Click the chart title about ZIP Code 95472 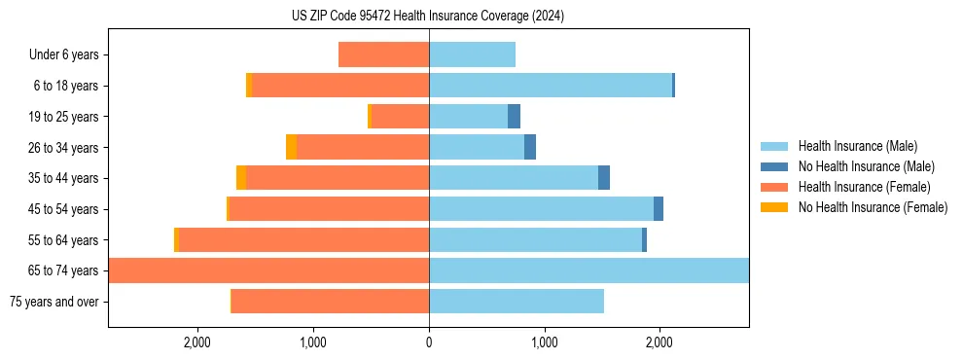(428, 16)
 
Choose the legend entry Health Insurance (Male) (857, 147)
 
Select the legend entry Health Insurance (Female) (864, 187)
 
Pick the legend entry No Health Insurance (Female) (873, 207)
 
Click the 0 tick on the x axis (429, 342)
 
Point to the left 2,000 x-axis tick (197, 342)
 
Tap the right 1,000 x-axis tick (544, 342)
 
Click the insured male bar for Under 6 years (472, 54)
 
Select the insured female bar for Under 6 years (384, 54)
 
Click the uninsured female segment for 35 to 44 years (241, 178)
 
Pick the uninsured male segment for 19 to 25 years (514, 117)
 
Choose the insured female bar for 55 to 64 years (303, 239)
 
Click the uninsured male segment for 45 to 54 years (659, 209)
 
